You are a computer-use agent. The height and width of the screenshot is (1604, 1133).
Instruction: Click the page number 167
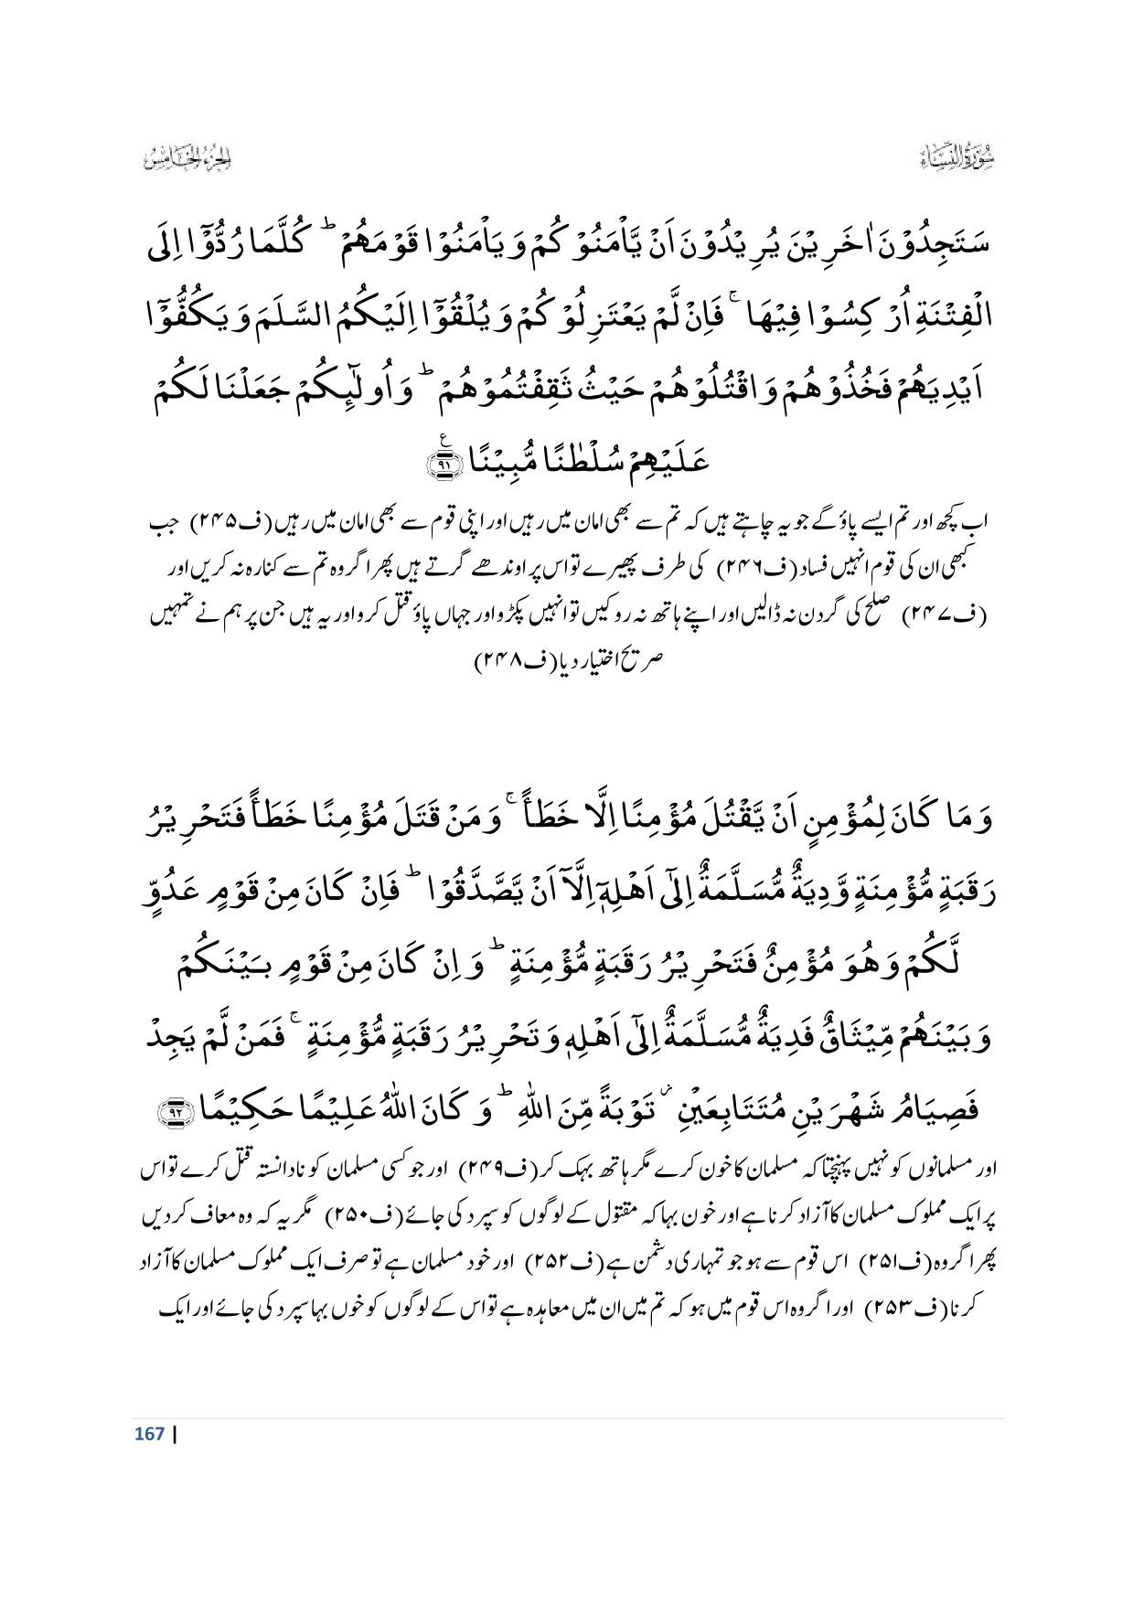click(x=147, y=1433)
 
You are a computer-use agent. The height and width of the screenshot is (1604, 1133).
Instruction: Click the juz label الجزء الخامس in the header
click(x=187, y=160)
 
